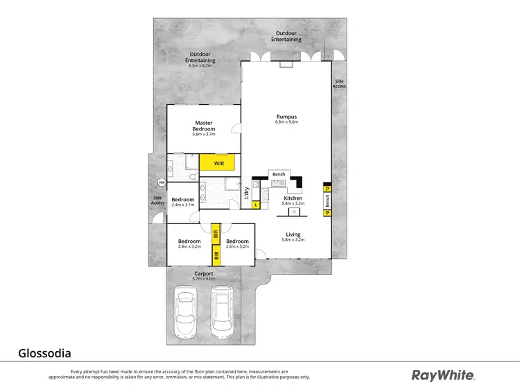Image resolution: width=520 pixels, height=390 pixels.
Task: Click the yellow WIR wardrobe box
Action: point(218,162)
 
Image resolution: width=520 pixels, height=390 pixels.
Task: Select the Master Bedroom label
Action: point(204,126)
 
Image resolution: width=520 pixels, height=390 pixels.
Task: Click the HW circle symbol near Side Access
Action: point(161,183)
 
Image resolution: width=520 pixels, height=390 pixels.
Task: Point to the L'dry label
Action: point(247,195)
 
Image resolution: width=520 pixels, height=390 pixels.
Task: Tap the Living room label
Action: point(293,235)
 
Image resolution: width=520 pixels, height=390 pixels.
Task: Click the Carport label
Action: point(203,273)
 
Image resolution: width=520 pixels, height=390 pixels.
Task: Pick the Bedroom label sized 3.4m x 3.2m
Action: point(189,243)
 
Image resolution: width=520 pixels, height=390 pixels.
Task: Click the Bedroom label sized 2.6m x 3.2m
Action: point(237,243)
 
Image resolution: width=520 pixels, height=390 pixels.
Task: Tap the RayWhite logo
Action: point(443,375)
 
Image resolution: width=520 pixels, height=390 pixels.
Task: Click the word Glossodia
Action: point(44,353)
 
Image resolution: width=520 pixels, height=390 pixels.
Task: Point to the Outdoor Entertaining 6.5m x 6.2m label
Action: point(200,60)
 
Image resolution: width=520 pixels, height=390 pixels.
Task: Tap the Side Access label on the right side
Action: point(339,83)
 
